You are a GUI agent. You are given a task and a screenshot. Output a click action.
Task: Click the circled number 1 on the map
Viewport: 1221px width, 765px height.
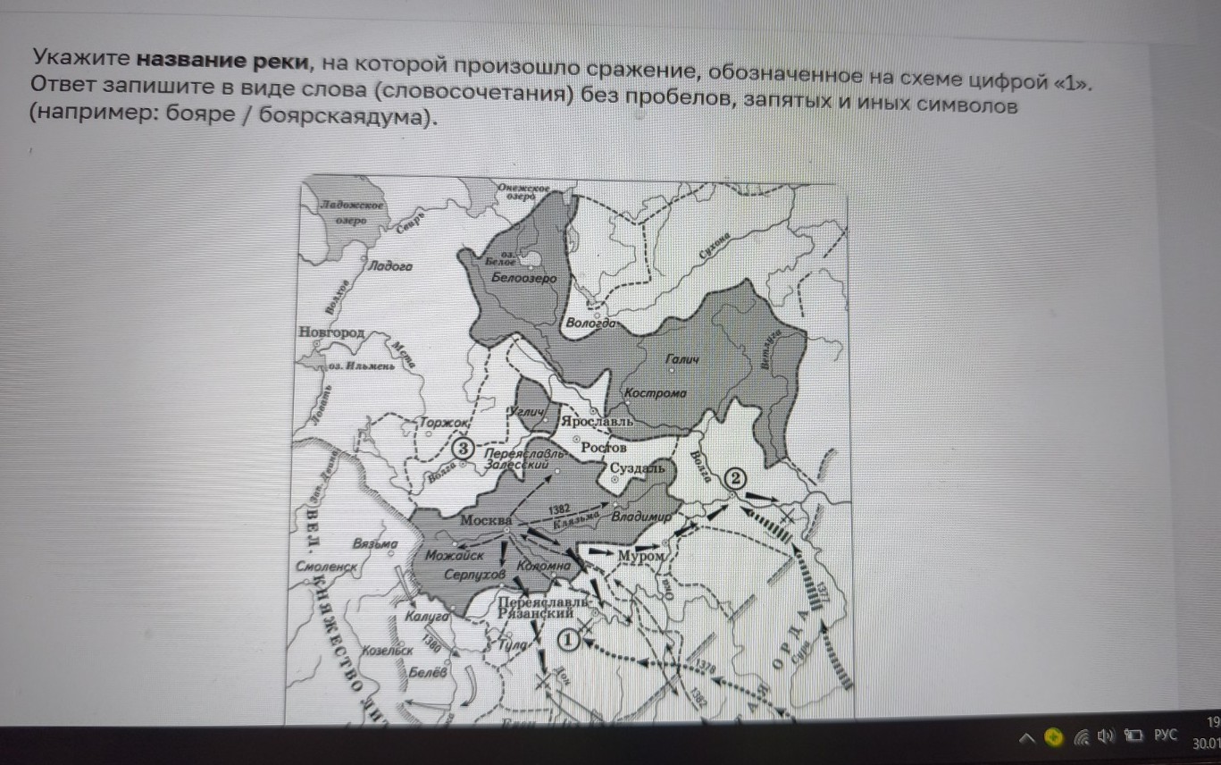(568, 639)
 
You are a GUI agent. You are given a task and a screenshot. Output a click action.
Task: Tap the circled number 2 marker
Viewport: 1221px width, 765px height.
(734, 478)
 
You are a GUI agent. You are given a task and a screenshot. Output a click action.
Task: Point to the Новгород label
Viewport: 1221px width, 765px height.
(331, 332)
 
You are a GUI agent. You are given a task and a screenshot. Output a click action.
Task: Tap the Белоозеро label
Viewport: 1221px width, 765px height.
(523, 278)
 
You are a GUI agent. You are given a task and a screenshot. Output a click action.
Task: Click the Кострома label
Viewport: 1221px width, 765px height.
(655, 393)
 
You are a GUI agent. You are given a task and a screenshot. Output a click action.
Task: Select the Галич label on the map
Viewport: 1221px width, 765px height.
(682, 359)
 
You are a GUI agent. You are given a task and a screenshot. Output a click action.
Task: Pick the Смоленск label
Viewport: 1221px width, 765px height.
(328, 567)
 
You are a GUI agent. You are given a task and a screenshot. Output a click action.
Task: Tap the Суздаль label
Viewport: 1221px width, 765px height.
(637, 468)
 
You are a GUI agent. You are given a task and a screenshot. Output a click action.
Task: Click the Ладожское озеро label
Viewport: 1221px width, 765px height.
(352, 213)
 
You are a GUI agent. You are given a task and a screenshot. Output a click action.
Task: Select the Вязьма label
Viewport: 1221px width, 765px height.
(374, 543)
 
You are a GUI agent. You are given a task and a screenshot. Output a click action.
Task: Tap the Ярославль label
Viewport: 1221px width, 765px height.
(596, 420)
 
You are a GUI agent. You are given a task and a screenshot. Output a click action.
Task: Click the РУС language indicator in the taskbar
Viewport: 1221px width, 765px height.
(1166, 736)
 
